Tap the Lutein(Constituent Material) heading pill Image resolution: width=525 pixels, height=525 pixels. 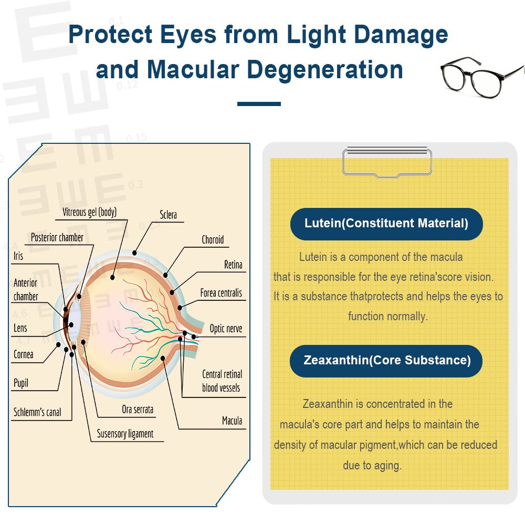386,224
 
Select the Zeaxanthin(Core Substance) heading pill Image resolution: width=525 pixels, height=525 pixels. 386,361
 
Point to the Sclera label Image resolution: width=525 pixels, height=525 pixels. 169,215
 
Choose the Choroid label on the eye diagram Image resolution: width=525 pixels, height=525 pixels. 213,240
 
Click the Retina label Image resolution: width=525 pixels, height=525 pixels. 233,265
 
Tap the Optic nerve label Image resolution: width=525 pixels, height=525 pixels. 226,329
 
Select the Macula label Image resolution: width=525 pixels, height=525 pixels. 232,421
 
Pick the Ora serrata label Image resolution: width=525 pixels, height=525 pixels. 138,409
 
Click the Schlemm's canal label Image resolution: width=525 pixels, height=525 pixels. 37,412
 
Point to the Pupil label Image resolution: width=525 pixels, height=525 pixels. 21,383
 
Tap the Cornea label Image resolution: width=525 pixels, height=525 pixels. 24,354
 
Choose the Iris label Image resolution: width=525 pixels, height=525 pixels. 18,256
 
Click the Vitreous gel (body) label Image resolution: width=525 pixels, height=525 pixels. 89,212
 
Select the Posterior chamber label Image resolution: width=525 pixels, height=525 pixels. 57,237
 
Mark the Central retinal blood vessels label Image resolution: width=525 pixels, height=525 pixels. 222,381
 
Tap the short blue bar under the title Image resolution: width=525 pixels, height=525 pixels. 259,104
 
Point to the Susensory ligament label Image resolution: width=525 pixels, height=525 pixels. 125,434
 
